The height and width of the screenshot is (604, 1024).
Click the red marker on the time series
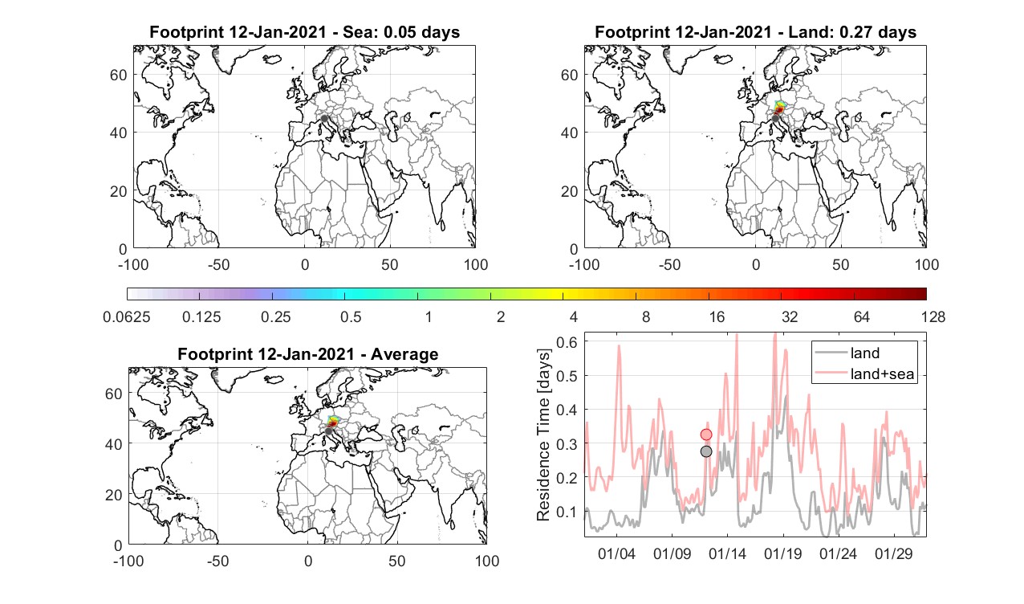click(x=706, y=435)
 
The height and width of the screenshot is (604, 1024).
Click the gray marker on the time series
click(x=706, y=451)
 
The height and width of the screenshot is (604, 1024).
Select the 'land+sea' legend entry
click(x=865, y=373)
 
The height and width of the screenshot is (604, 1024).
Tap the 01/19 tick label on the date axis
click(x=783, y=554)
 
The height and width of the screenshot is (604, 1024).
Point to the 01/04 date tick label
click(x=616, y=554)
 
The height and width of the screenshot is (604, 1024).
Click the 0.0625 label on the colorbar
click(x=127, y=316)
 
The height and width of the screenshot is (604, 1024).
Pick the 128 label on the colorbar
click(x=933, y=316)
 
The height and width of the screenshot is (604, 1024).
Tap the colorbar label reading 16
click(x=717, y=316)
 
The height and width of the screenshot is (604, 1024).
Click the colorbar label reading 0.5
click(x=351, y=316)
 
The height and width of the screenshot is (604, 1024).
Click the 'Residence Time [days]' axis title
click(x=543, y=435)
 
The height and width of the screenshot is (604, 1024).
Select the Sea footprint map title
click(x=304, y=32)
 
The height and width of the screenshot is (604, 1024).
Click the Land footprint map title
click(x=756, y=32)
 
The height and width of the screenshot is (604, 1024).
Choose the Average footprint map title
click(x=307, y=354)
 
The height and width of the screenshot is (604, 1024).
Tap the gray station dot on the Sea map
click(x=324, y=119)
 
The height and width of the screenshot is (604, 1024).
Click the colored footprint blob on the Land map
click(x=779, y=108)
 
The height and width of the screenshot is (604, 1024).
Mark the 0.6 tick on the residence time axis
click(x=567, y=342)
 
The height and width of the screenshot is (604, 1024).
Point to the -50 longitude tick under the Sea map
click(x=218, y=264)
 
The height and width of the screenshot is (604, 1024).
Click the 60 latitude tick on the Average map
click(x=113, y=394)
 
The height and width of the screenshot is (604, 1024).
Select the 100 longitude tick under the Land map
click(x=927, y=264)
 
